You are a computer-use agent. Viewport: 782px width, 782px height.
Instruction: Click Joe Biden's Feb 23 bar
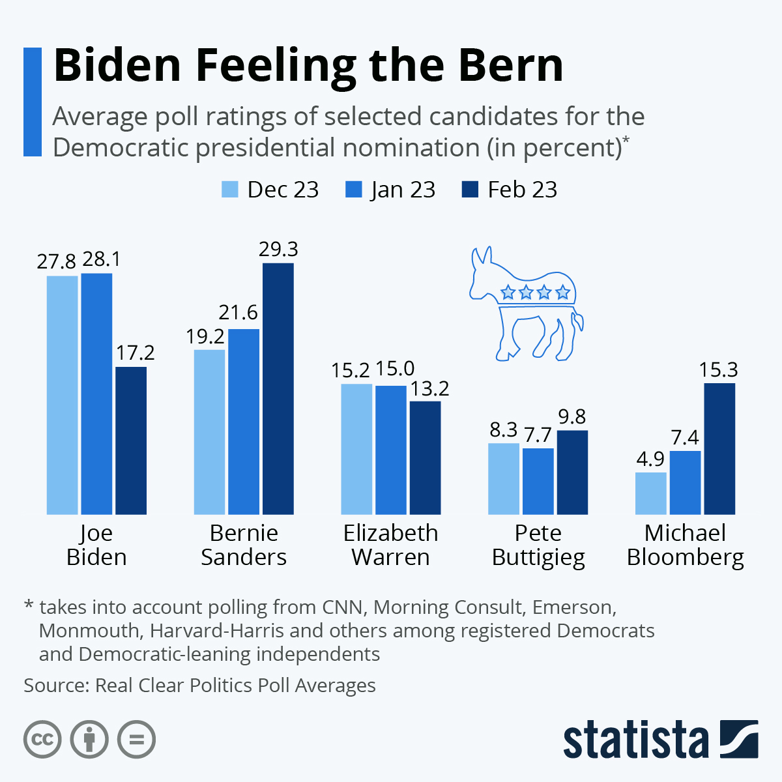131,441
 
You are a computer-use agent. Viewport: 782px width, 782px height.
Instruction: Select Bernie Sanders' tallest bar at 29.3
278,388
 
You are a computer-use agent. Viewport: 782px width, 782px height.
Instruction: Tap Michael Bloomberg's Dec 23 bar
651,493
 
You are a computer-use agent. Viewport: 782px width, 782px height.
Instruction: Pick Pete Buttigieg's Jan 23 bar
538,481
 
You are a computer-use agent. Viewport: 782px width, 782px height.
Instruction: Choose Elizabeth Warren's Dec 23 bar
357,449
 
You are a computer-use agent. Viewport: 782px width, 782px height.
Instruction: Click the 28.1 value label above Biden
101,260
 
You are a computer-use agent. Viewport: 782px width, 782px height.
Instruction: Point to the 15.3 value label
719,370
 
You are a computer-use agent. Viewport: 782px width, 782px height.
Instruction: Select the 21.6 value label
239,313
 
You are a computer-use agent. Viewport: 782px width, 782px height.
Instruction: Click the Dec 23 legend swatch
231,190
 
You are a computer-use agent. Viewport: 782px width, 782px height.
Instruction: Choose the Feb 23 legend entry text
523,190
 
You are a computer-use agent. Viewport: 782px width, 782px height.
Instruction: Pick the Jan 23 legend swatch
353,190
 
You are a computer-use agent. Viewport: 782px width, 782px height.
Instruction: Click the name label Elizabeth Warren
390,545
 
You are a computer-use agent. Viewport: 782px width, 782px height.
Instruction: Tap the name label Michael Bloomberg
685,545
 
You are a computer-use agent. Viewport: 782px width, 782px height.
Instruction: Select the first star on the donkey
508,293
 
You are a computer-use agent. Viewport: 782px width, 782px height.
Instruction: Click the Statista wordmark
635,740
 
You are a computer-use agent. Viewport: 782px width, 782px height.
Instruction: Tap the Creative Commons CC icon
42,740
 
